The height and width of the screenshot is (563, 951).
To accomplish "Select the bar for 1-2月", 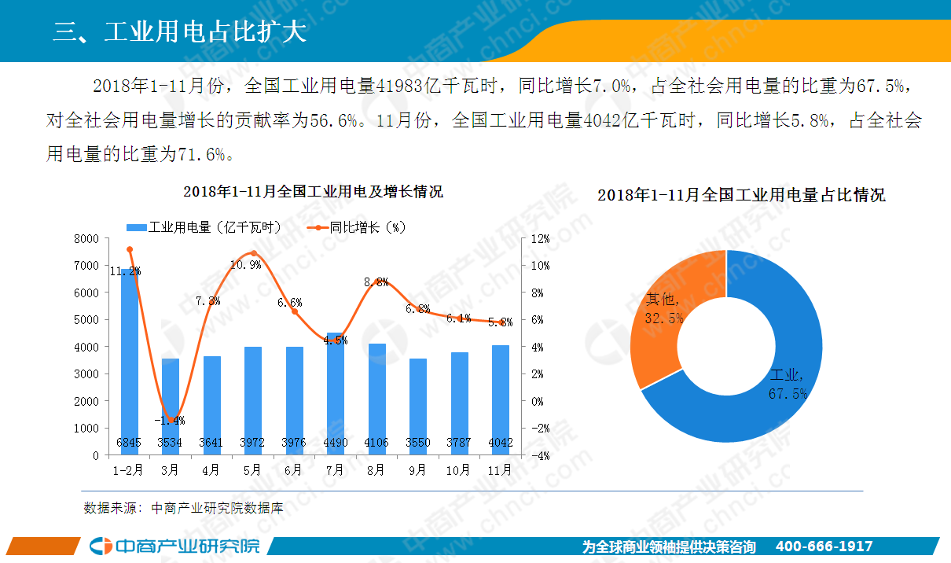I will (x=128, y=362).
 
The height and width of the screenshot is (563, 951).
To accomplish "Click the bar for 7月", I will (x=335, y=393).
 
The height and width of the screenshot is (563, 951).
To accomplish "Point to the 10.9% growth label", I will (x=246, y=265).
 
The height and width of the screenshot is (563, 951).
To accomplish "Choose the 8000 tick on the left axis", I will (x=86, y=238).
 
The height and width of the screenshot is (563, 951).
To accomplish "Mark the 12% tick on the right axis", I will (x=541, y=238).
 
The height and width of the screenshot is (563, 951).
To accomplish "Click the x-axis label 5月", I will (x=252, y=470).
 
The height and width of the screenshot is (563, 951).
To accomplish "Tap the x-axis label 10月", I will (x=459, y=470).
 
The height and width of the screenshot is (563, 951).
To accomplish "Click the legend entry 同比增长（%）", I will (x=358, y=227).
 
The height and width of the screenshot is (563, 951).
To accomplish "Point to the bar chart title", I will (x=313, y=192).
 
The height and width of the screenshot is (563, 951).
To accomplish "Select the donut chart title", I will (x=741, y=195).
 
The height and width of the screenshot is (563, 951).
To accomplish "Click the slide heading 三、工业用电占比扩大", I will (x=179, y=32).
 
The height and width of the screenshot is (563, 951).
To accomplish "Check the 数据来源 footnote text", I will (x=183, y=508).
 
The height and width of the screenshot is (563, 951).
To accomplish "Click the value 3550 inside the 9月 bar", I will (x=417, y=443).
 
